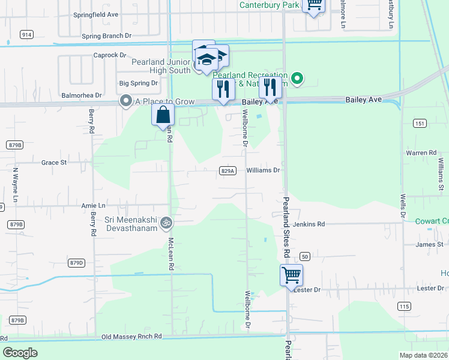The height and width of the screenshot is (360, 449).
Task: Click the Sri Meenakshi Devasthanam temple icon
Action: click(x=167, y=223)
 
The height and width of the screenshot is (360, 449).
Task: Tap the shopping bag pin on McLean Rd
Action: click(x=163, y=115)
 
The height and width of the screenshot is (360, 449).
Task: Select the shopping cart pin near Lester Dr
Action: click(x=291, y=275)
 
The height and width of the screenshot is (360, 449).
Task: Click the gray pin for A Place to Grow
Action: click(x=125, y=101)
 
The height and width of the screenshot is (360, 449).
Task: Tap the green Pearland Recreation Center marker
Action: click(x=296, y=79)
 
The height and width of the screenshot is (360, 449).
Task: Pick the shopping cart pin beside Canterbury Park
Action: click(x=313, y=5)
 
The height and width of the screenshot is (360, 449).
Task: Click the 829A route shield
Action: click(x=227, y=171)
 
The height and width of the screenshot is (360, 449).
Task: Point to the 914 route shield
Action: click(x=26, y=35)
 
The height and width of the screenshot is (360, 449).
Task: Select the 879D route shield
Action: click(x=76, y=263)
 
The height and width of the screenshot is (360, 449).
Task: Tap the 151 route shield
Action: click(x=420, y=124)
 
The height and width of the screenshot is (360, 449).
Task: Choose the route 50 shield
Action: click(x=305, y=256)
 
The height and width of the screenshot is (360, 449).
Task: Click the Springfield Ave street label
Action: click(x=95, y=14)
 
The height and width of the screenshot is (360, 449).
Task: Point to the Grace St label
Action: click(x=53, y=163)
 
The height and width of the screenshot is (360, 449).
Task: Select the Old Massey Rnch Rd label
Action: click(x=132, y=337)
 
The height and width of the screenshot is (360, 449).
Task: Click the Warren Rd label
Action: click(x=420, y=153)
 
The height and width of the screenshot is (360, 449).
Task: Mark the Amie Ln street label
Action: click(x=93, y=206)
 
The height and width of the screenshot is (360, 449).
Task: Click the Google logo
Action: click(x=20, y=353)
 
